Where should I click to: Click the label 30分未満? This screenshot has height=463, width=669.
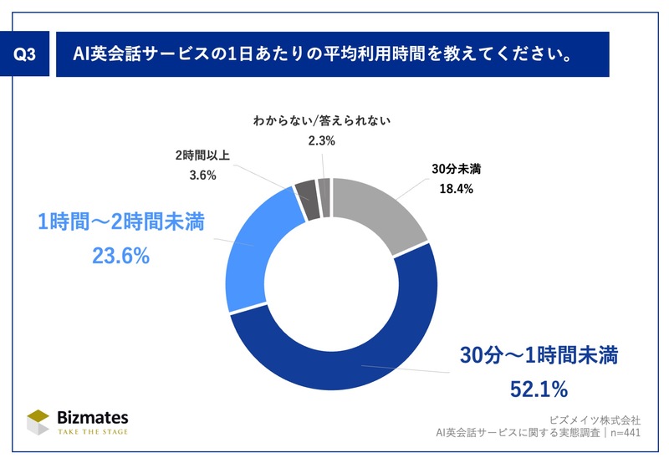point(456,168)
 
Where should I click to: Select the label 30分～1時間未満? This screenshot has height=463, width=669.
point(539,356)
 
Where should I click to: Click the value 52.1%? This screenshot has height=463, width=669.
point(539,389)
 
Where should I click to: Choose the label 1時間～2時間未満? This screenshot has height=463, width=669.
point(121,223)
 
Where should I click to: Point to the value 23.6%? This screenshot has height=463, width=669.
point(121,257)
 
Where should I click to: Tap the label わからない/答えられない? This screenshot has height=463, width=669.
point(321,121)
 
